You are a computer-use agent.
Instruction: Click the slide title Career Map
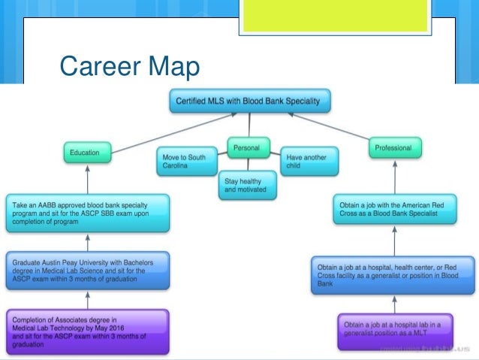coord(129,68)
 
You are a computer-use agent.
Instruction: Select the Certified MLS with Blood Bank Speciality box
coord(249,100)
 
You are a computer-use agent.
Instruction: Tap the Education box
coord(89,153)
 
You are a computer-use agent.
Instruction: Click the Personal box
coord(248,147)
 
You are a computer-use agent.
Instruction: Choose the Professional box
coord(393,148)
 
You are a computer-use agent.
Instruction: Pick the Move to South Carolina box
coord(188,161)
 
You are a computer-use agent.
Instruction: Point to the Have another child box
coord(309,161)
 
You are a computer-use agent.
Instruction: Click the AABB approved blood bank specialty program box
coord(88,213)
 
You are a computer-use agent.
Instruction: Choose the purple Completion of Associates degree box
coord(89,328)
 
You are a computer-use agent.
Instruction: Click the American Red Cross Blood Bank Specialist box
coord(395,210)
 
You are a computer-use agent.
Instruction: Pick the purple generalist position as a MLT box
coord(393,331)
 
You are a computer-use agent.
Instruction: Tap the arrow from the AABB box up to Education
coord(88,180)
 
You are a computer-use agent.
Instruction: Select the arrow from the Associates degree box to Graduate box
coord(89,298)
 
